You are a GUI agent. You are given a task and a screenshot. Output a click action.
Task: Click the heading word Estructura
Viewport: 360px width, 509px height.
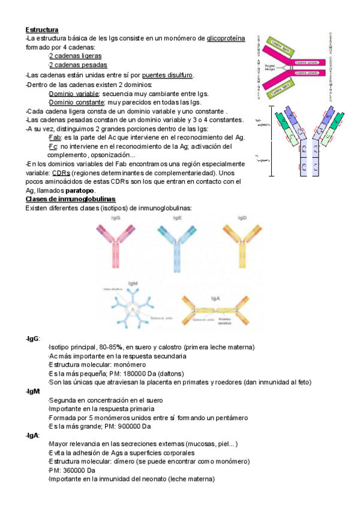pos(41,29)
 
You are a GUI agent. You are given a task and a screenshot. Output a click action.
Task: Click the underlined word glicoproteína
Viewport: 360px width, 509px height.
pos(226,38)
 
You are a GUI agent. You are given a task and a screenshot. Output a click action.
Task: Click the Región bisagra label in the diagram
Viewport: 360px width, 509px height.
pos(270,67)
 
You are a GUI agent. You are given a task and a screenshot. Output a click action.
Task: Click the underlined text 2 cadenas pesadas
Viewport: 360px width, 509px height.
pos(78,65)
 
